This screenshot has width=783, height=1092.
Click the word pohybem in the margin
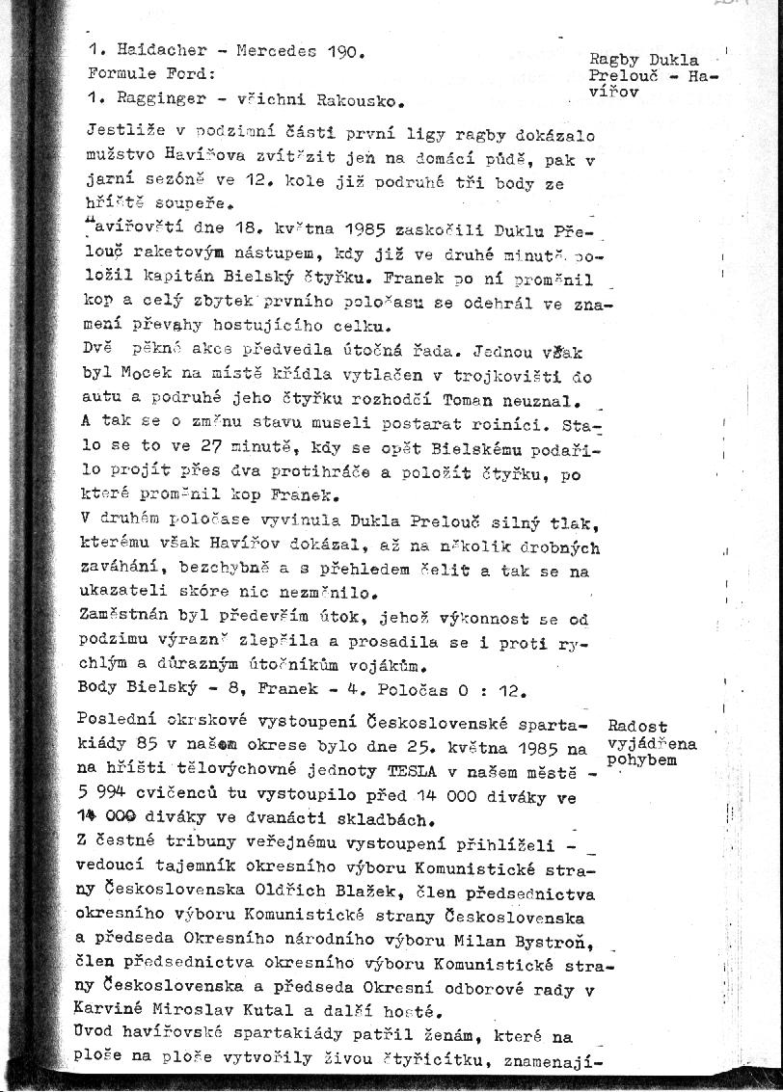(x=642, y=759)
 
